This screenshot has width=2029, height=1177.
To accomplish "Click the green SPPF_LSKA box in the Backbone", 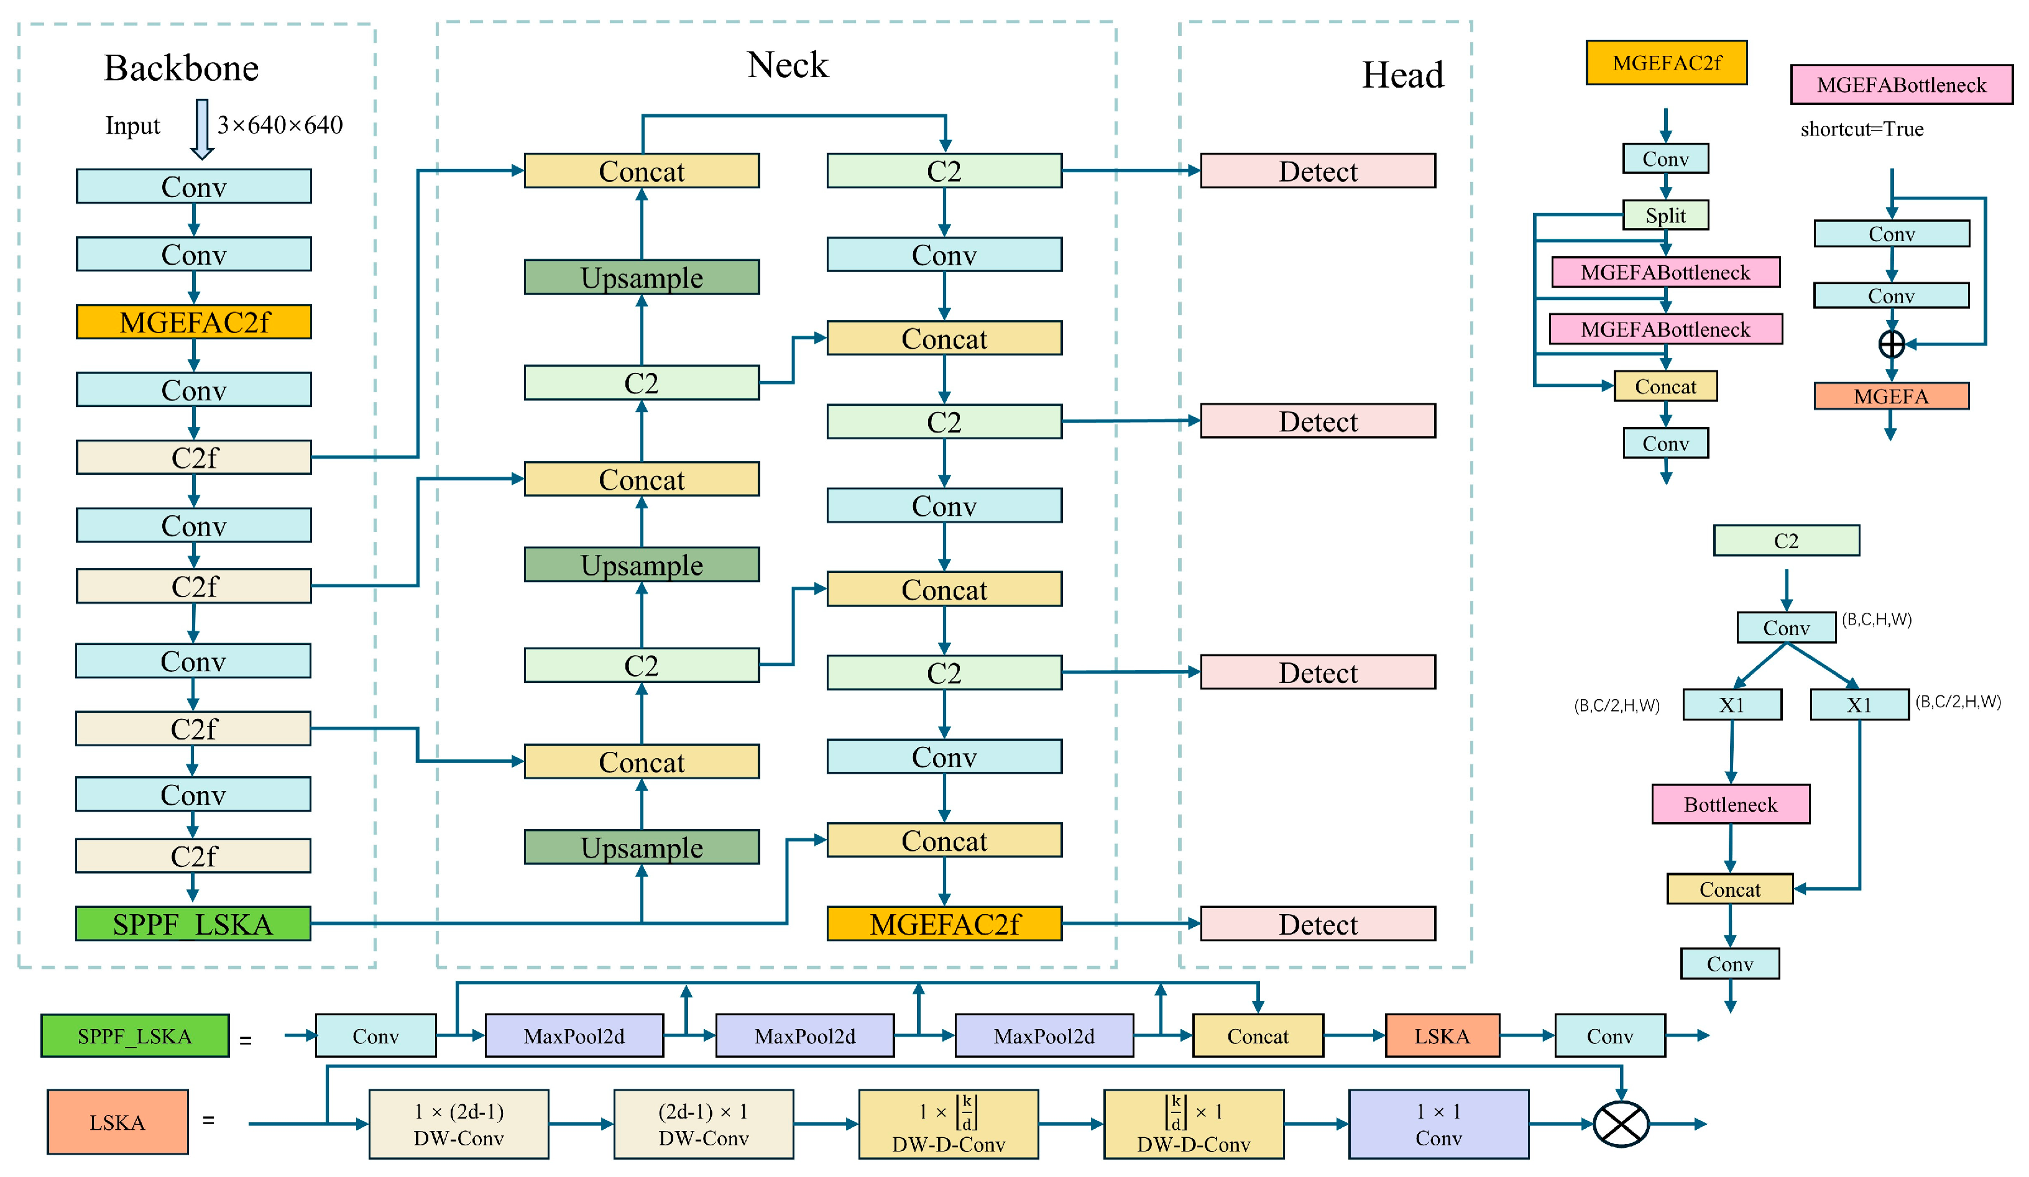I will point(193,923).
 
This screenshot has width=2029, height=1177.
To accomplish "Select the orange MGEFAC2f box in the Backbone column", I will point(193,322).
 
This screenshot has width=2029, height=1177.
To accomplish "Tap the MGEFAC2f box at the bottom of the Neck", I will point(944,923).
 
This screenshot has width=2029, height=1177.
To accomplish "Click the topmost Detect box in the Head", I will point(1317,171).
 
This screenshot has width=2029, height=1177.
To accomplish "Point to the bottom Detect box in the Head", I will point(1317,923).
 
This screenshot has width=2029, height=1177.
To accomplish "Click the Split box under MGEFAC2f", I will point(1665,215).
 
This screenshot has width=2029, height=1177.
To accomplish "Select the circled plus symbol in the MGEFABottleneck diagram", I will point(1892,344).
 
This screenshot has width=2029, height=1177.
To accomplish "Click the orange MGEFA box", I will point(1892,396).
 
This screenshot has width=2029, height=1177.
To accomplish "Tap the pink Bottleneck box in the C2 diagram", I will point(1730,804).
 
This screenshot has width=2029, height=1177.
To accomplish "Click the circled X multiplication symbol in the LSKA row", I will point(1621,1124).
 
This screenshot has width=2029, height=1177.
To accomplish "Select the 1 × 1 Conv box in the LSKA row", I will point(1438,1124).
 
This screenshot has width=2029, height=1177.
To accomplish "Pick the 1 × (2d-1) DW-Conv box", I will point(458,1124).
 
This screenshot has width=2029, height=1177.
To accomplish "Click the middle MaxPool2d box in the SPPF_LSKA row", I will point(804,1035).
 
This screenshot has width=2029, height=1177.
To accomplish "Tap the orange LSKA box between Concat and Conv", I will point(1442,1035).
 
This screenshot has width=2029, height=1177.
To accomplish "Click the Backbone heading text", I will point(181,68).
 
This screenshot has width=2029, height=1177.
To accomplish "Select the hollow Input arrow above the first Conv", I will point(202,129).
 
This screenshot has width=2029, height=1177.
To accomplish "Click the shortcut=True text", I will point(1862,129).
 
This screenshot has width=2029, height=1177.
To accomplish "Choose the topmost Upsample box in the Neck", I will point(641,277).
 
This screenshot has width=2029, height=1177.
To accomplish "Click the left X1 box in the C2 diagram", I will point(1732,705).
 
